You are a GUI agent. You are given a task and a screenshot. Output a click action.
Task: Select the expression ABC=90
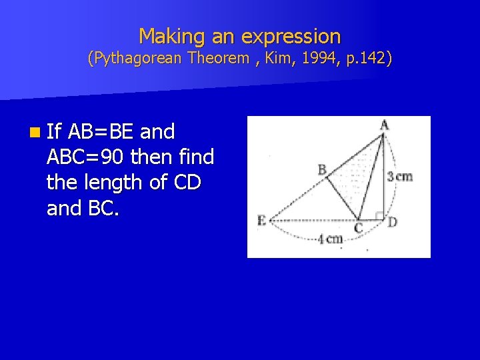(86, 157)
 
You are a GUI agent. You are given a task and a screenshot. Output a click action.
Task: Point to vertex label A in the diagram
(385, 125)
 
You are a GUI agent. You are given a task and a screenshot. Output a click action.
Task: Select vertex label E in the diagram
(261, 221)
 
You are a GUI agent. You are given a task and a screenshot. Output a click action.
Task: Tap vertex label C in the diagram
(359, 228)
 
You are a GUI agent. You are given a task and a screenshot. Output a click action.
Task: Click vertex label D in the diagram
(392, 221)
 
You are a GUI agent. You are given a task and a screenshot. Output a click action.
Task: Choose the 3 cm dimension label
(400, 177)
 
